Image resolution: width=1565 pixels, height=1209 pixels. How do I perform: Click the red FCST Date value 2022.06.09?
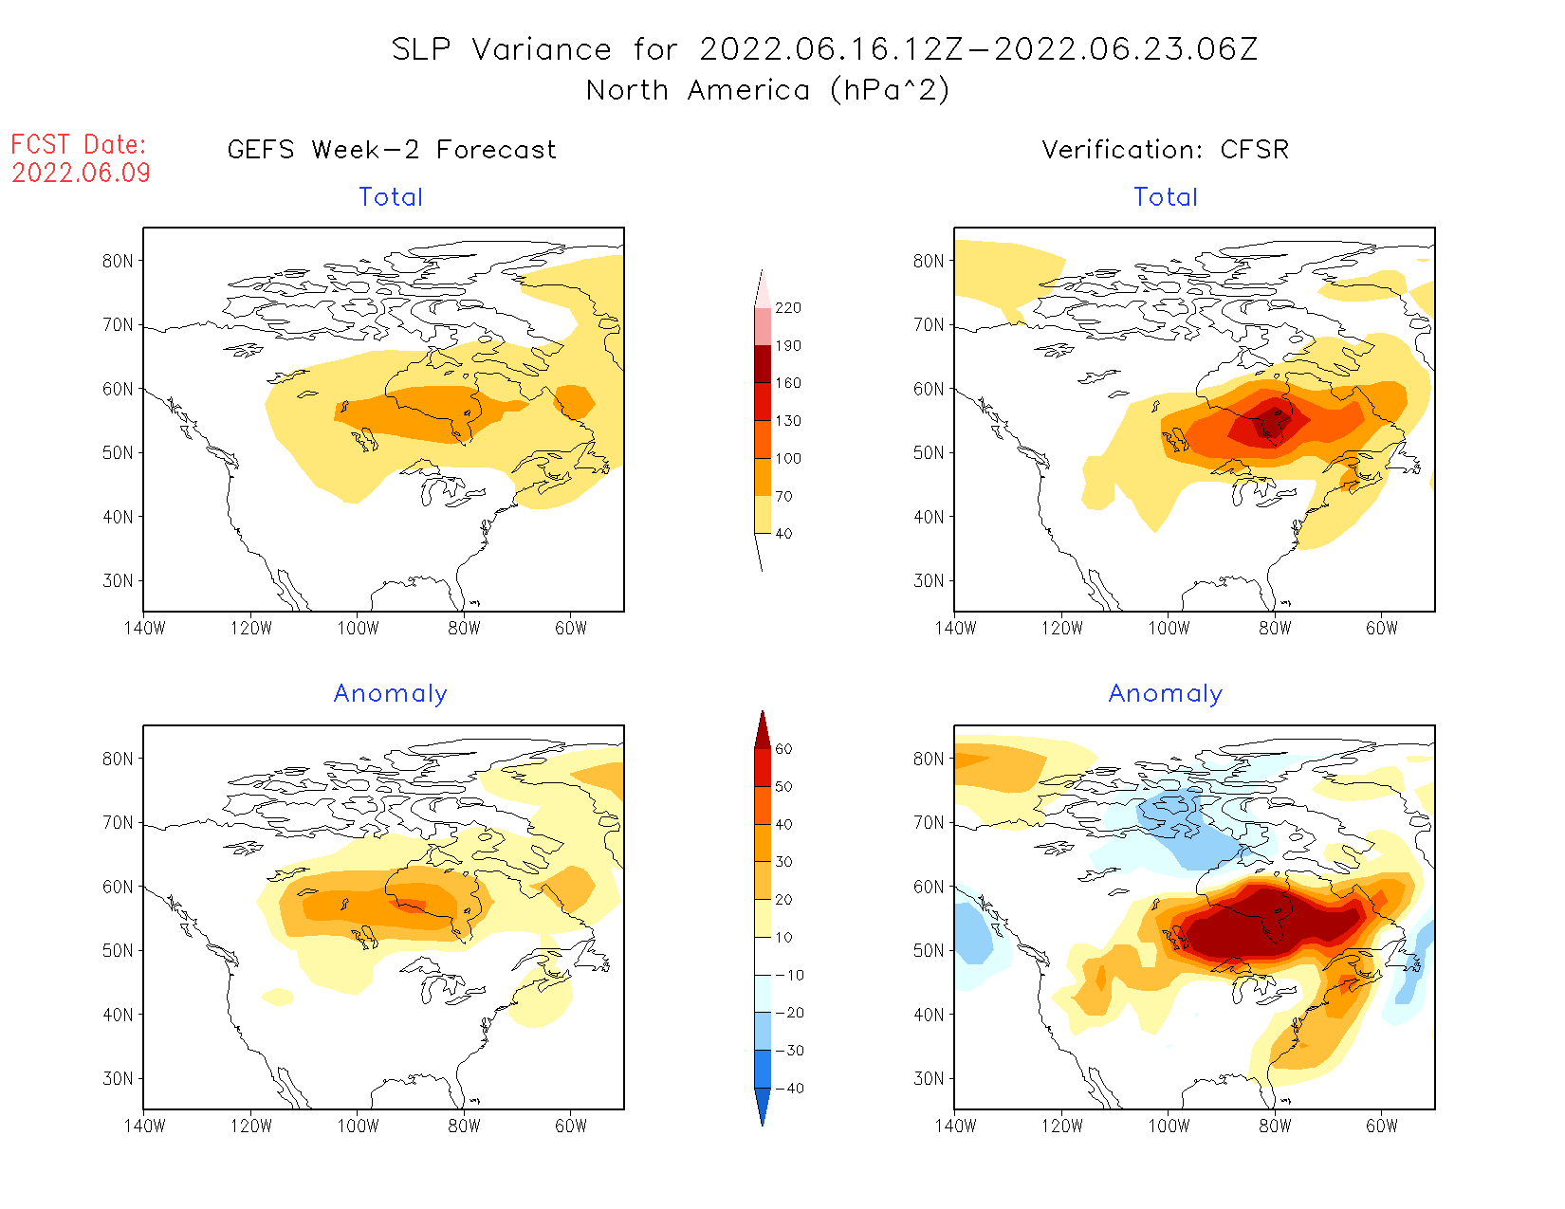pos(81,173)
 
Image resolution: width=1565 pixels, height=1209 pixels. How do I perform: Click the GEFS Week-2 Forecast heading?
pos(392,150)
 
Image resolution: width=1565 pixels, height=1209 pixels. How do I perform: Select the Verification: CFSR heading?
pos(1165,150)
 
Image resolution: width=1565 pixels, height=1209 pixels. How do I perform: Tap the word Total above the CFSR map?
pos(1166,197)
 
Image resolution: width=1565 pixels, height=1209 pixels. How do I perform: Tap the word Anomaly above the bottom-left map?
pos(390,694)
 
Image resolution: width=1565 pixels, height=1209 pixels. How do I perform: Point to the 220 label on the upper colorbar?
pos(787,308)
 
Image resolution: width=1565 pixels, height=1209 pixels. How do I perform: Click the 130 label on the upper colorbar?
pos(787,421)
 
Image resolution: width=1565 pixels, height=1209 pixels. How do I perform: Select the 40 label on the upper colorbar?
pos(783,534)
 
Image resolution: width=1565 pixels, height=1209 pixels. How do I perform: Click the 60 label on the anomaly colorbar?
pos(783,749)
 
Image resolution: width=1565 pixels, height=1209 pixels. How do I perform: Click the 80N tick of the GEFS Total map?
pos(118,261)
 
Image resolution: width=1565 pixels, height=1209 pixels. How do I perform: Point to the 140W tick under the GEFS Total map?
pos(144,628)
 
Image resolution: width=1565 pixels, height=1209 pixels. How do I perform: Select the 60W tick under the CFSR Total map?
pos(1382,628)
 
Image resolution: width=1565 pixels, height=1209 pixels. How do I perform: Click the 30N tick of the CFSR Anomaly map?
pos(929,1078)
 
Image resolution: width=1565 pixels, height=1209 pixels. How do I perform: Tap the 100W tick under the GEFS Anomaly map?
pos(358,1126)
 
